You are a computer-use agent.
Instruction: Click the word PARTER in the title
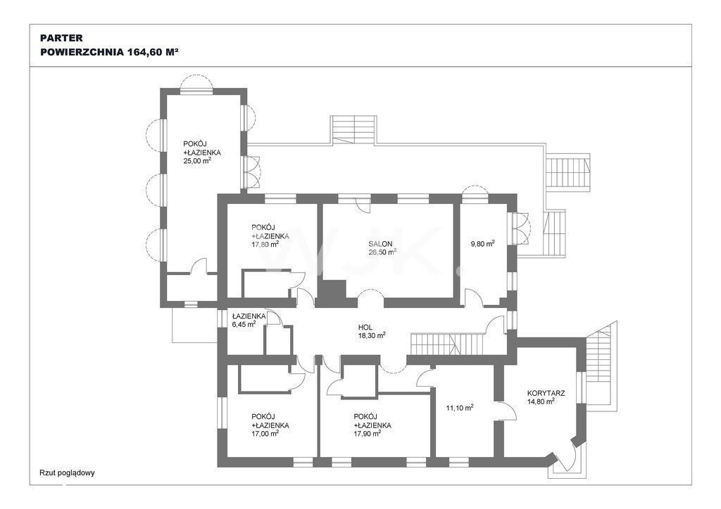55,38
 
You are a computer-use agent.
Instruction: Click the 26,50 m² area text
382,252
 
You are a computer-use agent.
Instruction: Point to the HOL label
365,328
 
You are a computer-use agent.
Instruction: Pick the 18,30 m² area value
372,335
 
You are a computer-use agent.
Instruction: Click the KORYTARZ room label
546,393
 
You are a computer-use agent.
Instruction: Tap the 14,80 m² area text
541,401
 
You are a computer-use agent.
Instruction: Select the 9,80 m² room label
483,244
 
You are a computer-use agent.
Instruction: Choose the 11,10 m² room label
460,407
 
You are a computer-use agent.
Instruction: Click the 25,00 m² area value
197,160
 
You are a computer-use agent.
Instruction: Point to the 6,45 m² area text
244,324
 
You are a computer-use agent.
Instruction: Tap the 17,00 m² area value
265,433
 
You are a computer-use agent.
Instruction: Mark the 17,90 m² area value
367,433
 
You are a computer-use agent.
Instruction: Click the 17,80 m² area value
265,244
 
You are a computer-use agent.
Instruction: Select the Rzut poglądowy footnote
67,472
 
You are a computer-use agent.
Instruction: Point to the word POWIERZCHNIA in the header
82,52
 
